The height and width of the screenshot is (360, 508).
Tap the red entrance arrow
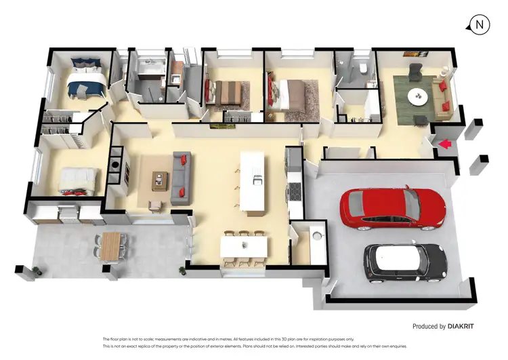(444, 144)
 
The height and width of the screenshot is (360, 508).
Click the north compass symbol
(480, 24)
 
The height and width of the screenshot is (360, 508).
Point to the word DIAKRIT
(461, 326)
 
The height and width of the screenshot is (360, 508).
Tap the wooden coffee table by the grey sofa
(159, 179)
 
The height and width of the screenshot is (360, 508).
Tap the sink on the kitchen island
(257, 180)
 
